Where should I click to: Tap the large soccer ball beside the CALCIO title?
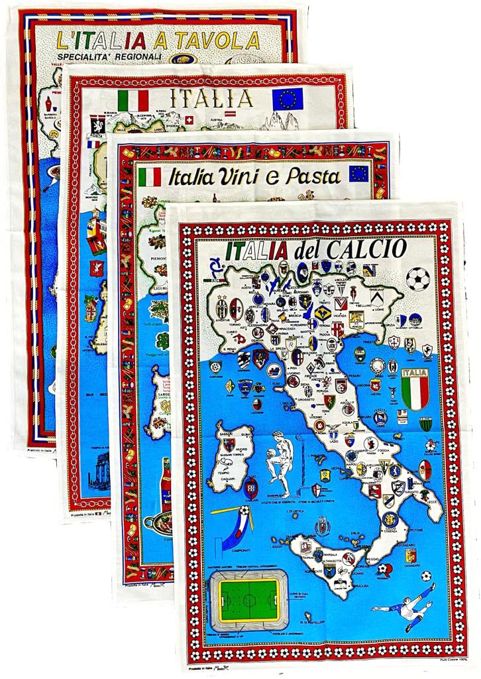417,278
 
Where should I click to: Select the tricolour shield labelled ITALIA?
415,389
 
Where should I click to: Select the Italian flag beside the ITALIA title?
133,101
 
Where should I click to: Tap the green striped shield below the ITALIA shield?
425,424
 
